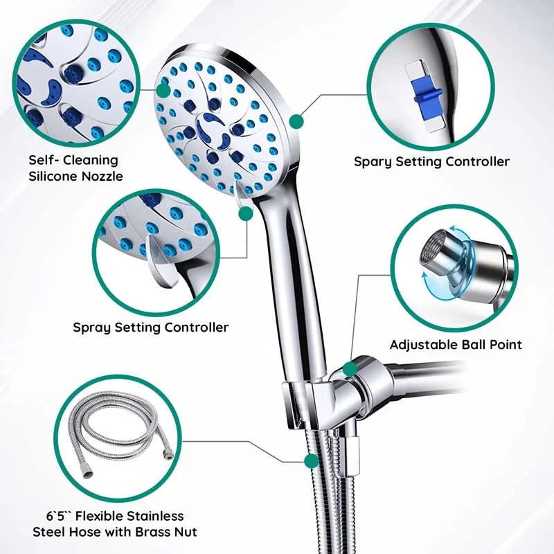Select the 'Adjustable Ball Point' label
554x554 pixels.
pyautogui.click(x=455, y=344)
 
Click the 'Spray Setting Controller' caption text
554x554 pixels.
pyautogui.click(x=151, y=327)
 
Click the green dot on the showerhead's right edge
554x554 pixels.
pyautogui.click(x=296, y=122)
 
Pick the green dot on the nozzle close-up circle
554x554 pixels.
pyautogui.click(x=163, y=90)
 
